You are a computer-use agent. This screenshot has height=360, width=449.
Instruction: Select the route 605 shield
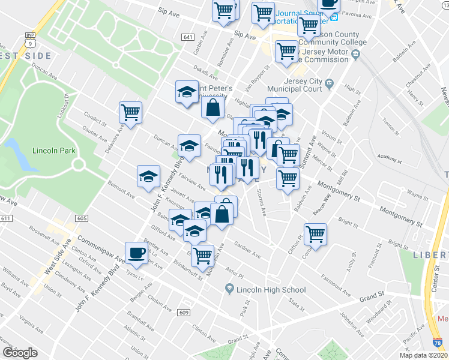(82, 218)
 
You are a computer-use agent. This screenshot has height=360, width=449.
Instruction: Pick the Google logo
(20, 352)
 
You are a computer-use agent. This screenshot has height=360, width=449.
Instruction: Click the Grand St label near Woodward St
(372, 296)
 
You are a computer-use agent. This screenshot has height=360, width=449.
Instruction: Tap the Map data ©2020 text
(423, 355)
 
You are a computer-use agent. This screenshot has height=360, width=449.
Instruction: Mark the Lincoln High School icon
(229, 290)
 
